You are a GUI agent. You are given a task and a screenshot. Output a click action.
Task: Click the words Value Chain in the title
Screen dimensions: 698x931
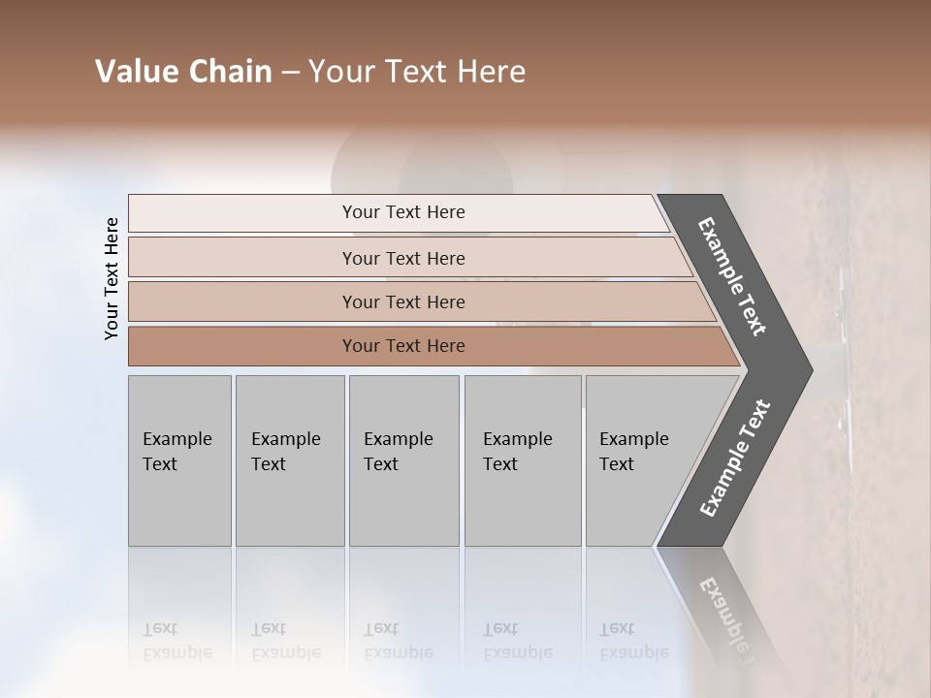(183, 72)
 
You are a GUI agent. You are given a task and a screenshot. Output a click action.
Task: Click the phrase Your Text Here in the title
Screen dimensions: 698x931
(417, 72)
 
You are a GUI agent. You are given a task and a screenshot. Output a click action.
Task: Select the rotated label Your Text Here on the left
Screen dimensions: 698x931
(112, 278)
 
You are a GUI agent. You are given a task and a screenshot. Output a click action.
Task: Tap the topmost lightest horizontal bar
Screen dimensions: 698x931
(403, 212)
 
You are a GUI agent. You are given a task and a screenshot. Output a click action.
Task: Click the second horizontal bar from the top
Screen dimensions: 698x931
(403, 258)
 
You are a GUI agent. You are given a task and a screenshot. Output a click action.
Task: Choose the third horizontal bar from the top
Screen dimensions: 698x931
(403, 301)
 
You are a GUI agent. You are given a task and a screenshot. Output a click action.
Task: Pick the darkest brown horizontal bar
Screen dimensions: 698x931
(403, 346)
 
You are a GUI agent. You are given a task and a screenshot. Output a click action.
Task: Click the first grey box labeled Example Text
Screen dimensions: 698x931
(179, 460)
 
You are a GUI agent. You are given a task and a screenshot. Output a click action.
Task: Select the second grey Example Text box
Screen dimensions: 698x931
(289, 460)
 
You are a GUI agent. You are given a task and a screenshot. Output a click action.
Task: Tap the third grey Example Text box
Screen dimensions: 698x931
(403, 460)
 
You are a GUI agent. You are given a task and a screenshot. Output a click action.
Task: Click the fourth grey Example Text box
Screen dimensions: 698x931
(522, 460)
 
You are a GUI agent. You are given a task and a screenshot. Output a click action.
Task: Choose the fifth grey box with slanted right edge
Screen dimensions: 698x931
(640, 460)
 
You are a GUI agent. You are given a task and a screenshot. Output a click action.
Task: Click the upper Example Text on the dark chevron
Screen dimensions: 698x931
(733, 276)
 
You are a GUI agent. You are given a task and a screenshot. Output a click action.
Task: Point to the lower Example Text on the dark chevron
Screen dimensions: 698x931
(735, 458)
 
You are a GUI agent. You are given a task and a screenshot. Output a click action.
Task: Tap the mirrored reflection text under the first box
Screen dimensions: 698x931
(177, 641)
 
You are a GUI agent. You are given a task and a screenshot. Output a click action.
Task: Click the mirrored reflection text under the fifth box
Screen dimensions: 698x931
(633, 641)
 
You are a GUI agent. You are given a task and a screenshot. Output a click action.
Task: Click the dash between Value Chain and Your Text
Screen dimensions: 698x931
(289, 73)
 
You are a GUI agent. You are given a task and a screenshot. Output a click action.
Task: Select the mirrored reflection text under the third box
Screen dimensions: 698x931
(398, 641)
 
